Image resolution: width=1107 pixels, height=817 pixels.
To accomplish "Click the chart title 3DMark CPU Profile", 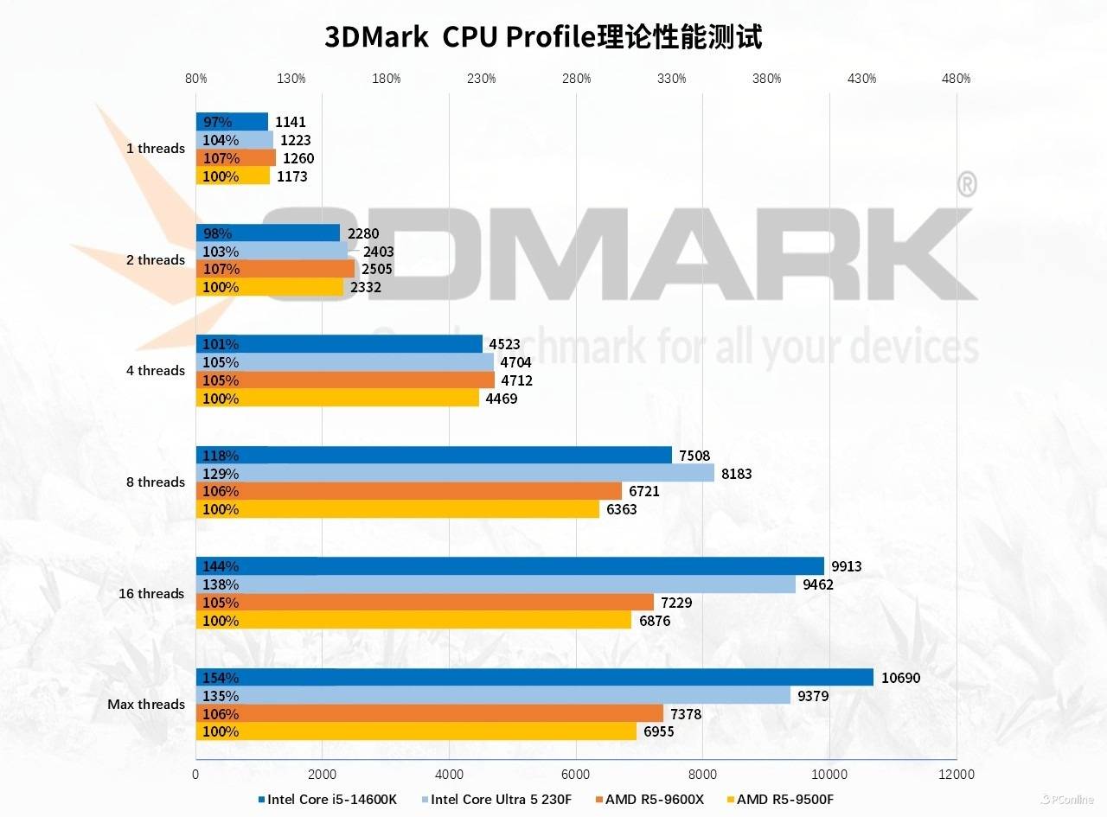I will point(543,37).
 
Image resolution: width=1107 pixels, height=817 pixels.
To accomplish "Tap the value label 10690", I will point(900,678).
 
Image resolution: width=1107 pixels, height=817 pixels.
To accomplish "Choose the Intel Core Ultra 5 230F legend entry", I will point(501,799).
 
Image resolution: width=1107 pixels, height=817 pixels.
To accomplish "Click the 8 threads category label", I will point(156,482).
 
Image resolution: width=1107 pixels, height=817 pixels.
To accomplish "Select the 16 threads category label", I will point(152,593).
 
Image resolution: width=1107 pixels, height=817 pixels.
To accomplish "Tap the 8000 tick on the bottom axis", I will point(702,774).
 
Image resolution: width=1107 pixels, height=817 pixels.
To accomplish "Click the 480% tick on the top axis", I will point(956,79).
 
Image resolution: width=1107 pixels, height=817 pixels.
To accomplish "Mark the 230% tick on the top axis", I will point(481,79).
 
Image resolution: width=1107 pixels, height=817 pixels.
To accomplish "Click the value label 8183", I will point(737,473).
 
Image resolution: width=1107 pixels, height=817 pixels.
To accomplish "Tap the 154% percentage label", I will point(220,678).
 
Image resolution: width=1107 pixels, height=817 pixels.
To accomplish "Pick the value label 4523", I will point(504,344).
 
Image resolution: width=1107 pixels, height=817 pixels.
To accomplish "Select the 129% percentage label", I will point(220,473).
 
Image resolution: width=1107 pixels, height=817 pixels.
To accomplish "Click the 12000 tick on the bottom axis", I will point(957,774).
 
